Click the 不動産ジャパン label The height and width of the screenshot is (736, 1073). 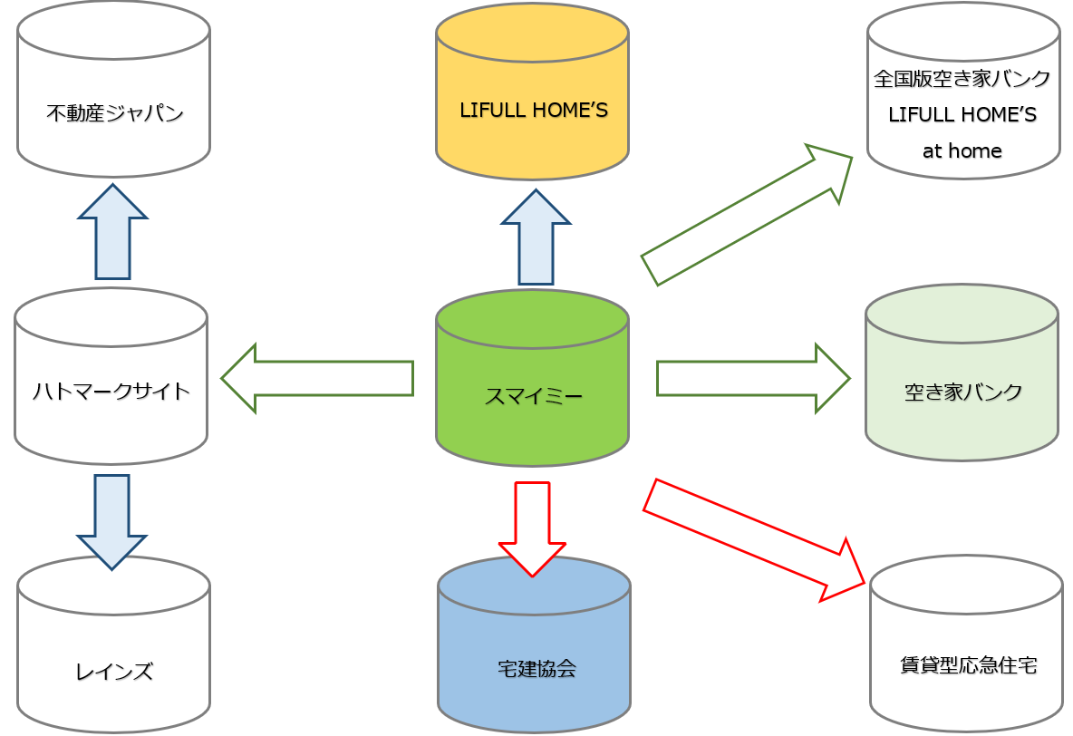coord(114,113)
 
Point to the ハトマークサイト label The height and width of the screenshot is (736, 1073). coord(111,391)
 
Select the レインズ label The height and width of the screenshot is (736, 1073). coord(113,672)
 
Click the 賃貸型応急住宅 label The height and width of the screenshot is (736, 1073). coord(968,665)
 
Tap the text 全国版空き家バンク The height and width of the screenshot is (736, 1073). coord(962,79)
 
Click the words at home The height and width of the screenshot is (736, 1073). coord(962,150)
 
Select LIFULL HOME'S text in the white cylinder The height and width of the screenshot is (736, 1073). coord(962,115)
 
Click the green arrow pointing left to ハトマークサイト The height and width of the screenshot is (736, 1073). coord(317,378)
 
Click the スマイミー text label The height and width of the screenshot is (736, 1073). coord(533,396)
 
